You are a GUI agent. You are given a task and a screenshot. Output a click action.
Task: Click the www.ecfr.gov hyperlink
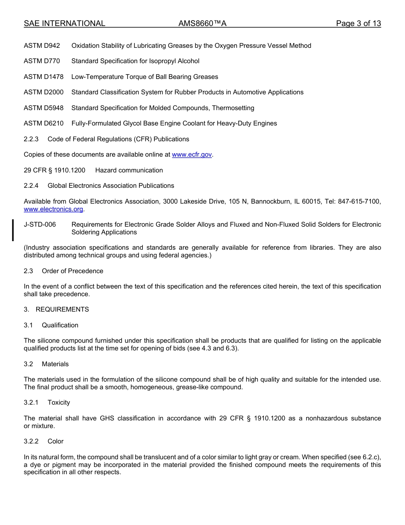[x=192, y=155]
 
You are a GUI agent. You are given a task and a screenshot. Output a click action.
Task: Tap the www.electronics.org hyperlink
[x=53, y=209]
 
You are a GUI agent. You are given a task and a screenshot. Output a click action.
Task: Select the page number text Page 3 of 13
[x=358, y=23]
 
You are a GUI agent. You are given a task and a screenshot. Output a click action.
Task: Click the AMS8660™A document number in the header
[x=202, y=23]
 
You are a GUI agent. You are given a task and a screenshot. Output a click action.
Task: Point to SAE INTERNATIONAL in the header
[x=64, y=23]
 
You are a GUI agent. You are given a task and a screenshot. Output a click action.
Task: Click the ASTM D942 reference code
[x=42, y=46]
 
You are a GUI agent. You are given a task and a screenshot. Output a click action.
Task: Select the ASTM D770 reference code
[x=42, y=61]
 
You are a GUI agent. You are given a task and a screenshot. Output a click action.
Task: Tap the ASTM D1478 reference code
[x=43, y=77]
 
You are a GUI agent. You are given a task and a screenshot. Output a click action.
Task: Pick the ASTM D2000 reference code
[x=43, y=92]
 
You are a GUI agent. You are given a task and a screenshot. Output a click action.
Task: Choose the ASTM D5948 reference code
[x=43, y=108]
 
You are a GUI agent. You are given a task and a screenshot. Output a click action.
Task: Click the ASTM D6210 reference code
[x=43, y=123]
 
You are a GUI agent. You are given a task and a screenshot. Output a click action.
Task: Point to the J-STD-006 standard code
[x=40, y=225]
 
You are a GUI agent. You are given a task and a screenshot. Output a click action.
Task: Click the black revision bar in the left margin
[x=13, y=230]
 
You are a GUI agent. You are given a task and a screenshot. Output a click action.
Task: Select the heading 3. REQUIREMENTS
[x=56, y=309]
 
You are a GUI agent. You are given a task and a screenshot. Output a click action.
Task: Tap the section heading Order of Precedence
[x=72, y=271]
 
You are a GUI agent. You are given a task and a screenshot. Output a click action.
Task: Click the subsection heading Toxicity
[x=59, y=402]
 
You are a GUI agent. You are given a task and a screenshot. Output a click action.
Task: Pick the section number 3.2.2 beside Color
[x=31, y=441]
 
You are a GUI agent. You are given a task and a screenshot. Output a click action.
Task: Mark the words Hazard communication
[x=129, y=170]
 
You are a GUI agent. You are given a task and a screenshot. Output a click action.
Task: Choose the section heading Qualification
[x=60, y=325]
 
